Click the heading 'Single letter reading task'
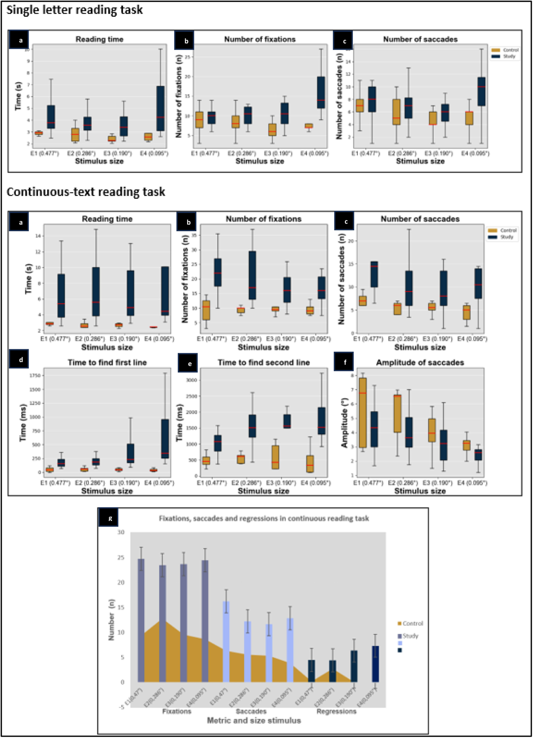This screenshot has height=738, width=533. pos(75,10)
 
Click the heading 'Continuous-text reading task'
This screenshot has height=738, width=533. pos(86,192)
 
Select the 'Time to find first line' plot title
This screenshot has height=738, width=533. pos(107,362)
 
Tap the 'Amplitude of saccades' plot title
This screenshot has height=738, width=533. pos(420,362)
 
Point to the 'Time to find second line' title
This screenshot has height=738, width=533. pos(263,362)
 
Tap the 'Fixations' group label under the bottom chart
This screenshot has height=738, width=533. pos(177,711)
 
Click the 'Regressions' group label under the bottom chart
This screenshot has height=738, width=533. pos(336,711)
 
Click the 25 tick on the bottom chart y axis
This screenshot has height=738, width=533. pos(121,557)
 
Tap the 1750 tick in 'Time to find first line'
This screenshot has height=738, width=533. pos(35,376)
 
